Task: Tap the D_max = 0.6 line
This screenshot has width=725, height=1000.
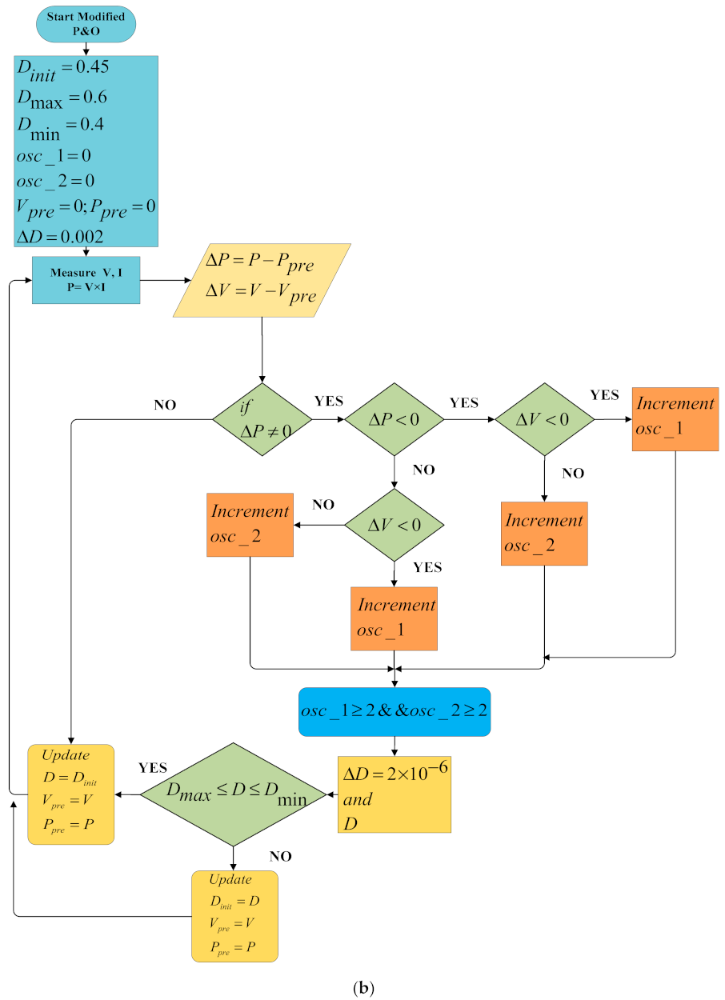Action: point(62,98)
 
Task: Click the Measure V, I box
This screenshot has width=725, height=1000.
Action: point(86,280)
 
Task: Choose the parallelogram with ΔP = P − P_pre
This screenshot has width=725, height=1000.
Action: point(262,281)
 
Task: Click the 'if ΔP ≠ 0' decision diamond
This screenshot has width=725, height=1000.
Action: point(262,419)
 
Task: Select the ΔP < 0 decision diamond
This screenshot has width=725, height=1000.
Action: point(394,419)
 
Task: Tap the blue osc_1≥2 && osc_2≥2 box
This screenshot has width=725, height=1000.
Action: point(394,711)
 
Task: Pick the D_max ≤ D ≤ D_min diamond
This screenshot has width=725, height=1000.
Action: point(234,794)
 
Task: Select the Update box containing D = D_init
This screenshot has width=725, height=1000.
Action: point(70,794)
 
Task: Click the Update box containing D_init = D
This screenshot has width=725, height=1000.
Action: point(234,916)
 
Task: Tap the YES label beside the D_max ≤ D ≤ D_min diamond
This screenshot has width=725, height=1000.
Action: point(153,768)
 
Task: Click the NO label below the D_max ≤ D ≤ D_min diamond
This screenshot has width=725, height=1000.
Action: point(280,857)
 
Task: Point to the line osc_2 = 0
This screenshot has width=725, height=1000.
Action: point(55,179)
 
